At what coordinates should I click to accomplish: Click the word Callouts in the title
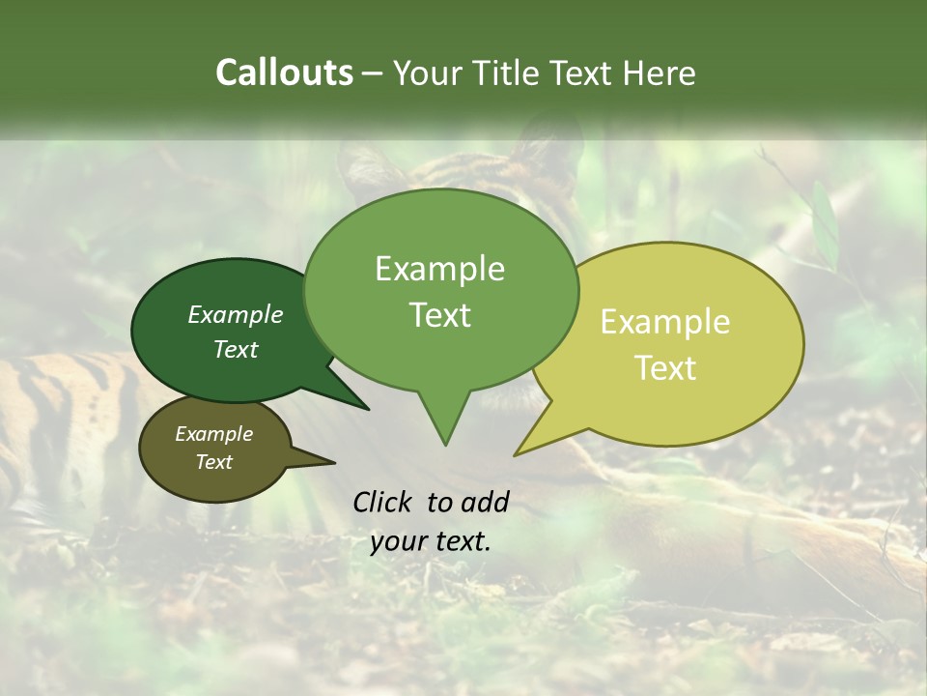284,72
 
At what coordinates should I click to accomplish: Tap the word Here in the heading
660,72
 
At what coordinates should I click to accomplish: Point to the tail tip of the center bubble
445,444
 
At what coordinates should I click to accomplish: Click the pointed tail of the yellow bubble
518,453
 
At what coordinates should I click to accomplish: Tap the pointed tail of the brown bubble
332,463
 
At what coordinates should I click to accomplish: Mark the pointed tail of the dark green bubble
367,408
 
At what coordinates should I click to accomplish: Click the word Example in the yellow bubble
665,322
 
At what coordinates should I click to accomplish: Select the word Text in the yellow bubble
665,368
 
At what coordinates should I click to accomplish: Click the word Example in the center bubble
440,269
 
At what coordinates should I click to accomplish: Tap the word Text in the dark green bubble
236,350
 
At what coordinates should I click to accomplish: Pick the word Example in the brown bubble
214,434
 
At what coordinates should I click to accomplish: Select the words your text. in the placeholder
431,541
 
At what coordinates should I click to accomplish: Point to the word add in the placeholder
485,502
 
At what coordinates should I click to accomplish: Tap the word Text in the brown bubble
214,462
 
